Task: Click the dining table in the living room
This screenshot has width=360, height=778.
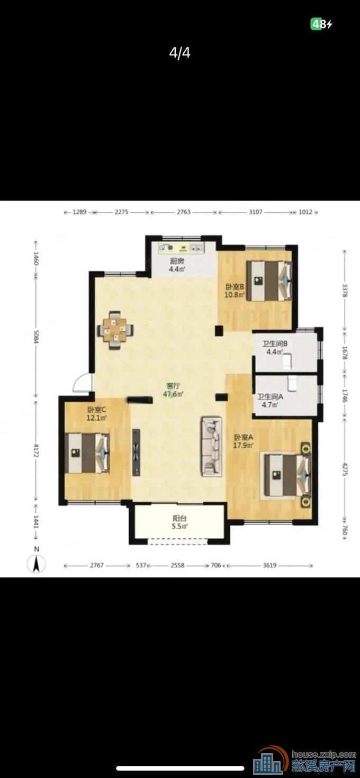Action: [115, 330]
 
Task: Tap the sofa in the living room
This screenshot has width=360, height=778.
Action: [211, 446]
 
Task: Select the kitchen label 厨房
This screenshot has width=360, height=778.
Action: [177, 261]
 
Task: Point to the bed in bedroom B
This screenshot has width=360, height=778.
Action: [269, 281]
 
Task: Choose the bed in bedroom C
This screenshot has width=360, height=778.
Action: [87, 453]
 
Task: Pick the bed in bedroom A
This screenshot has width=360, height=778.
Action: [287, 475]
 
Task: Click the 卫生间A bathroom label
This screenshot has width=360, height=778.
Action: [271, 396]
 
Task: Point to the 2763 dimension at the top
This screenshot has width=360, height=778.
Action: [184, 212]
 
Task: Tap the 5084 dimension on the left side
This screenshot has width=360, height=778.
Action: [36, 336]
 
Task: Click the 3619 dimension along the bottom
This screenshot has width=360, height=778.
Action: [269, 565]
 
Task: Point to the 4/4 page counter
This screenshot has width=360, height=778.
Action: [179, 53]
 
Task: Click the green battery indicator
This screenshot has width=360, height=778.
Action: [316, 24]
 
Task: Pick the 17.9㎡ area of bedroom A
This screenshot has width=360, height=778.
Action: [243, 445]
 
